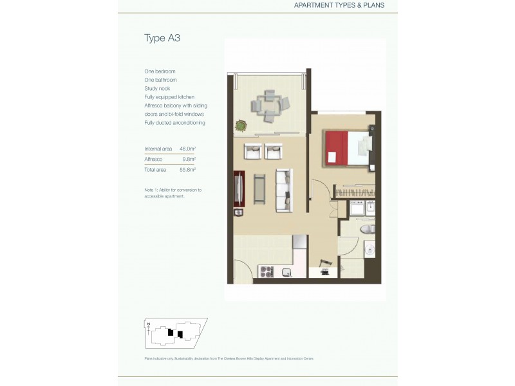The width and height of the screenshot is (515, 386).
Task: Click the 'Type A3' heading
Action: [162, 38]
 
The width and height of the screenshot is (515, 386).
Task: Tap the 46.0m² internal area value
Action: [188, 148]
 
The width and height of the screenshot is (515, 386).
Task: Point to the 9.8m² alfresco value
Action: [189, 158]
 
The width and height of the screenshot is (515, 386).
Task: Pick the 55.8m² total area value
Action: [187, 169]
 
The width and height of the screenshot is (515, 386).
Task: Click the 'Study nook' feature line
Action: [158, 88]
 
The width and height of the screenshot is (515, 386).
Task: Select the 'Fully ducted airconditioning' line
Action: [175, 122]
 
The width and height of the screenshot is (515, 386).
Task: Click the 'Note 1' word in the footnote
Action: [152, 190]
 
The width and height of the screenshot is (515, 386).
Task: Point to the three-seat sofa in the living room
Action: [284, 190]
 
